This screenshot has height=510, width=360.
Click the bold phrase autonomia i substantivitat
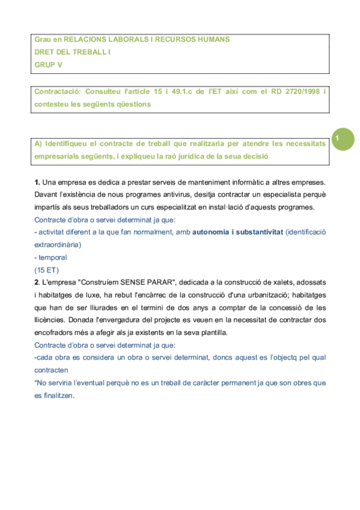pos(238,232)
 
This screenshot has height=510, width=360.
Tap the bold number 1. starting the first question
pos(37,182)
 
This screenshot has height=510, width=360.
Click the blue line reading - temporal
pos(51,257)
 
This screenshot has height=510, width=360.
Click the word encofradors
pos(55,333)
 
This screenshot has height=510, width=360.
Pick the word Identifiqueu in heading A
pos(68,144)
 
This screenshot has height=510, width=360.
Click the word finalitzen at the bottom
pos(58,396)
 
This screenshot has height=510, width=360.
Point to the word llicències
pos(52,320)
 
